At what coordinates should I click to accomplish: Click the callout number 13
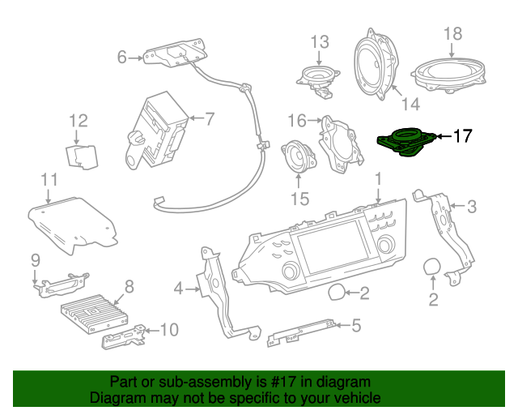(319, 41)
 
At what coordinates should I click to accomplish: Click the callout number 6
(122, 57)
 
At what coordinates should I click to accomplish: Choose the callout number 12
(78, 122)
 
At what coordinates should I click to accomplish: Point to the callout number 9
(36, 260)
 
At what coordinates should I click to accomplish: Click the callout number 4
(178, 287)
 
